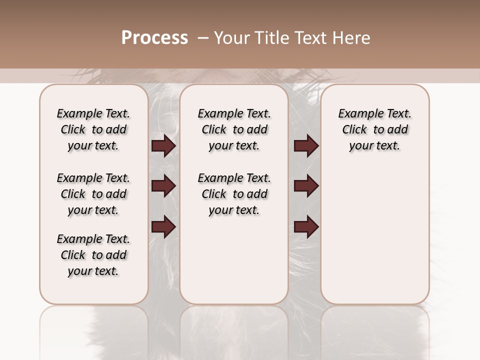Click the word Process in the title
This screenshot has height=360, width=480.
tap(154, 38)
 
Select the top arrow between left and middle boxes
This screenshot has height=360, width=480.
tap(163, 146)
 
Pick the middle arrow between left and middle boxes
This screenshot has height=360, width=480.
tap(163, 186)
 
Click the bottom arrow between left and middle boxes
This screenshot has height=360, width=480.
tap(163, 226)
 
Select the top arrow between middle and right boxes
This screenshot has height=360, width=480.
tap(306, 146)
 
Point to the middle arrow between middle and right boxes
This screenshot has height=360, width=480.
tap(306, 186)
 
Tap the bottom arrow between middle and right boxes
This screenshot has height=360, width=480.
tap(306, 226)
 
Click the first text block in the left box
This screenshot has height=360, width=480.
tap(93, 129)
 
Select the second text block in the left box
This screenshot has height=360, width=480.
tap(93, 194)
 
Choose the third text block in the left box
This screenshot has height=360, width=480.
tap(93, 255)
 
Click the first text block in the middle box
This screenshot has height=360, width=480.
tap(234, 129)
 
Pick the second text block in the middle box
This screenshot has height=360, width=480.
tap(234, 194)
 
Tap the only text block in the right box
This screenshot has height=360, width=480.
tap(374, 129)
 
